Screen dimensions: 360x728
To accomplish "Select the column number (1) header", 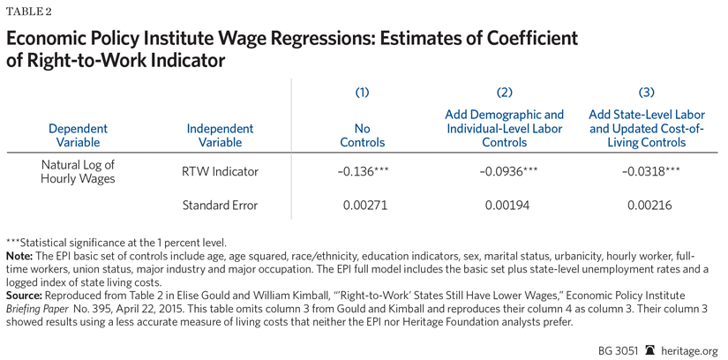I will coord(362,92).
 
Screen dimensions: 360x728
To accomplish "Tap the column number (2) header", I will coord(505,92).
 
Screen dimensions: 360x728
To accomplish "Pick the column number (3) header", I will coord(646,92).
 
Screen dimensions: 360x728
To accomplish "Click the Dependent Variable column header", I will coord(79,135).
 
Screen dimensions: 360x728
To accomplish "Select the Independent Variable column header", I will coord(220,135).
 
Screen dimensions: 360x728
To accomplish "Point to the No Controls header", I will coord(363,135).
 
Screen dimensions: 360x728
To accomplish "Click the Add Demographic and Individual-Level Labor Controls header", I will coord(505,128).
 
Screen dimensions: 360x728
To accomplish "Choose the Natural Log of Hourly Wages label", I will coord(79,172).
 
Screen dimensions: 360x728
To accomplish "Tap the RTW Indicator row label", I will coord(220,172).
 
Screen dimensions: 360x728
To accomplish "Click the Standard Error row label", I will coord(220,206).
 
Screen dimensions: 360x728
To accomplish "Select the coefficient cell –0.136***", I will coord(363,172).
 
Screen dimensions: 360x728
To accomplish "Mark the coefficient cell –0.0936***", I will coord(505,172).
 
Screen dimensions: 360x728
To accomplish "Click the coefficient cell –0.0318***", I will coord(646,172).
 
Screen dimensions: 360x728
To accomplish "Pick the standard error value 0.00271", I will coord(363,206).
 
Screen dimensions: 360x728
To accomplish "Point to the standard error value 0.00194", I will coord(505,206).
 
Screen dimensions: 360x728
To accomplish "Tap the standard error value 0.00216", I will coord(646,206).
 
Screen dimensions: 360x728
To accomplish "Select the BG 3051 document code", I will coord(619,349).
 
